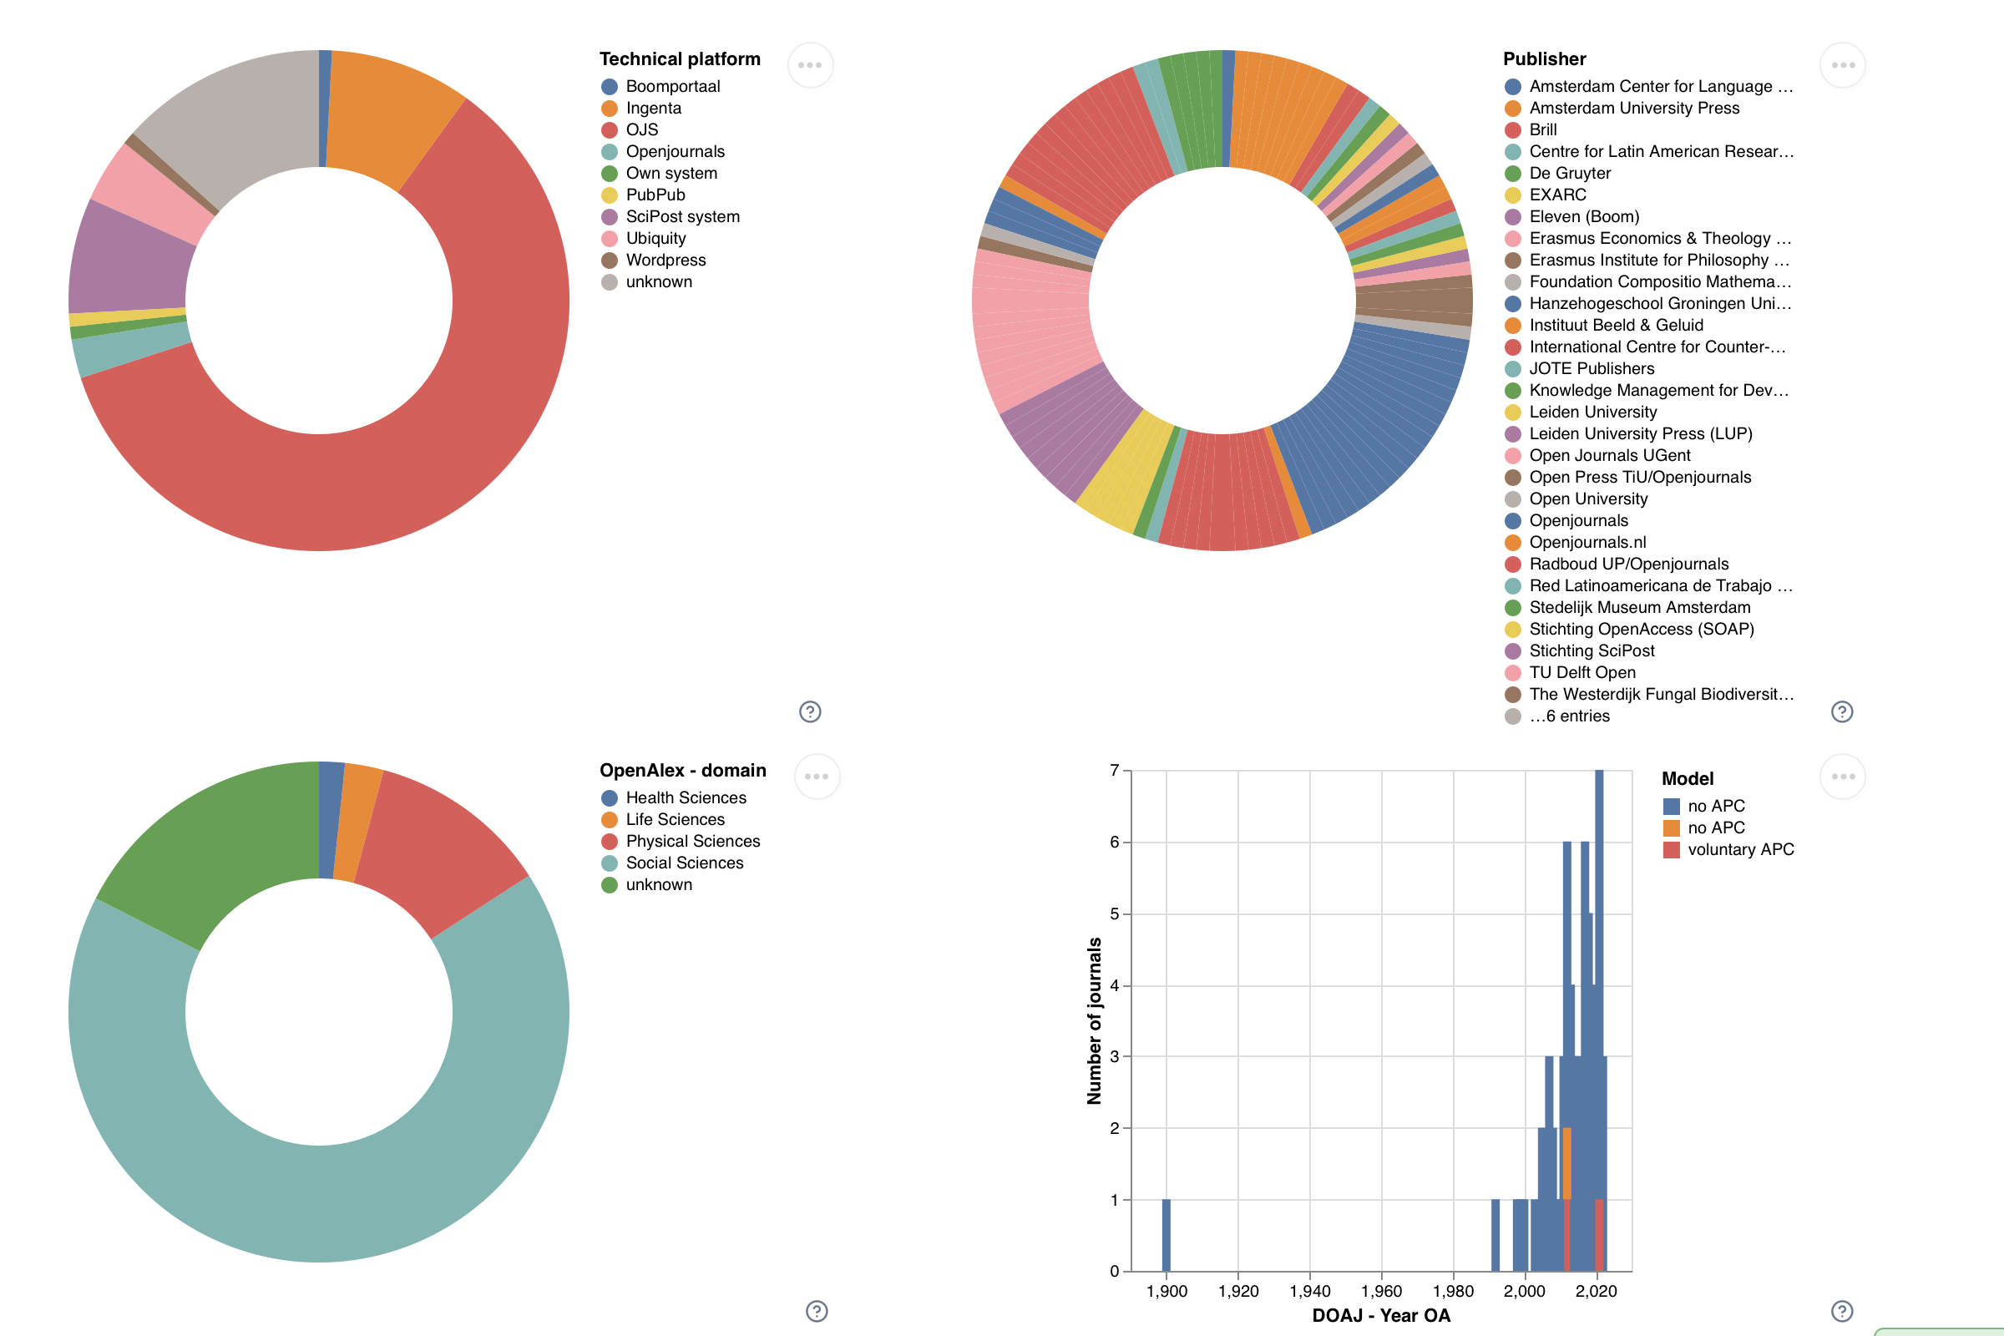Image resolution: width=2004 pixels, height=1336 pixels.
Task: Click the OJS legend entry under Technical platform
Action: [641, 129]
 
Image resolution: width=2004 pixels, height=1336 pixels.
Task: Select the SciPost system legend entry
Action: [681, 216]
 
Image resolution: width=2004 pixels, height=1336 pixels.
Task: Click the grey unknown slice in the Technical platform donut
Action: [239, 111]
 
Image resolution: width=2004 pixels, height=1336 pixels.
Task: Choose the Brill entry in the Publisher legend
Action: [1542, 129]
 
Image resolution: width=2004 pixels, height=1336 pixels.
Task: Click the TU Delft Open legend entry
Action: [1581, 672]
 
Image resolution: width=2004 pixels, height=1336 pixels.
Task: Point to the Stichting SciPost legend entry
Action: [1591, 651]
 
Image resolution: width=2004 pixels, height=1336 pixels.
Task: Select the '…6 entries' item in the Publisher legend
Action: [1569, 716]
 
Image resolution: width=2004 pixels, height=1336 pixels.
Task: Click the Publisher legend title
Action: [1544, 58]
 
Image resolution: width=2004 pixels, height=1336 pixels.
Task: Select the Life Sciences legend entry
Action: [675, 820]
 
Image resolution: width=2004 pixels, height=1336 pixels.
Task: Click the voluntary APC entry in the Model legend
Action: [1740, 849]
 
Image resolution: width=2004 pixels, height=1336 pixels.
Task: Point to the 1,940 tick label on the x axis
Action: [1309, 1291]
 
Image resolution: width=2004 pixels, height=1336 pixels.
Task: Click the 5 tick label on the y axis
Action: [1115, 914]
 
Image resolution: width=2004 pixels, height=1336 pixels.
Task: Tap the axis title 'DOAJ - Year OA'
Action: [1380, 1316]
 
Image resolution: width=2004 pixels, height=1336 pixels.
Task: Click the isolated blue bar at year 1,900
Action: [1166, 1235]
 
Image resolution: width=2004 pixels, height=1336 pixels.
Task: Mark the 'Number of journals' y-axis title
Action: [1095, 1020]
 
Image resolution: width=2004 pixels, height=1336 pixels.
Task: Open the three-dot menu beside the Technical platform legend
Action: [809, 66]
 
